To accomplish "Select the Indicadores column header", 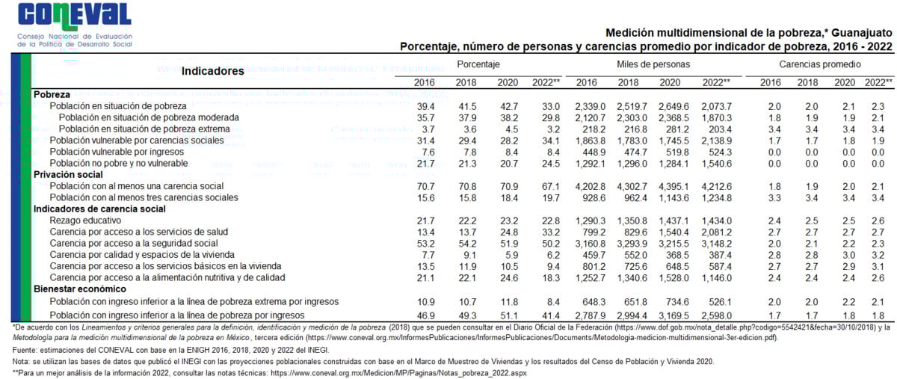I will pyautogui.click(x=213, y=71).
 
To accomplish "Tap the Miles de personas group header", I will pyautogui.click(x=653, y=65).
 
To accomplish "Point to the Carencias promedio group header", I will pyautogui.click(x=819, y=65).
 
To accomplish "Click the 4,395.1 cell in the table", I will pyautogui.click(x=673, y=186).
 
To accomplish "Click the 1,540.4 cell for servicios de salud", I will pyautogui.click(x=673, y=232).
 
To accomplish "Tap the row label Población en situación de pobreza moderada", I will pyautogui.click(x=149, y=118).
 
